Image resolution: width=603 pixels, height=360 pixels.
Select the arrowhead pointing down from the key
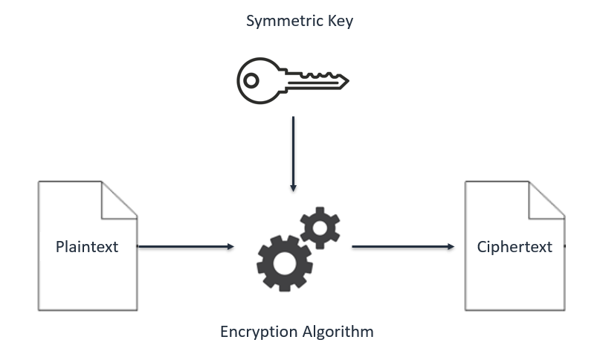point(294,187)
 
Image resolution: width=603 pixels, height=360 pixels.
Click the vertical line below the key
point(294,149)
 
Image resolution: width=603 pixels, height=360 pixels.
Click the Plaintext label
point(87,247)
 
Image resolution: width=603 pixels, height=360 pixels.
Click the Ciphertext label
point(515,247)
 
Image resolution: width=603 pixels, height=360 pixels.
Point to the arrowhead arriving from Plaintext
point(230,246)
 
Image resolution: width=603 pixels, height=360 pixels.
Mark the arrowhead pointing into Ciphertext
point(451,246)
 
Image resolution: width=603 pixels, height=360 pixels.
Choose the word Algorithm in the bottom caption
point(338,331)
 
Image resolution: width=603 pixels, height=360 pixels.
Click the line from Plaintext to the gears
point(182,246)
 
